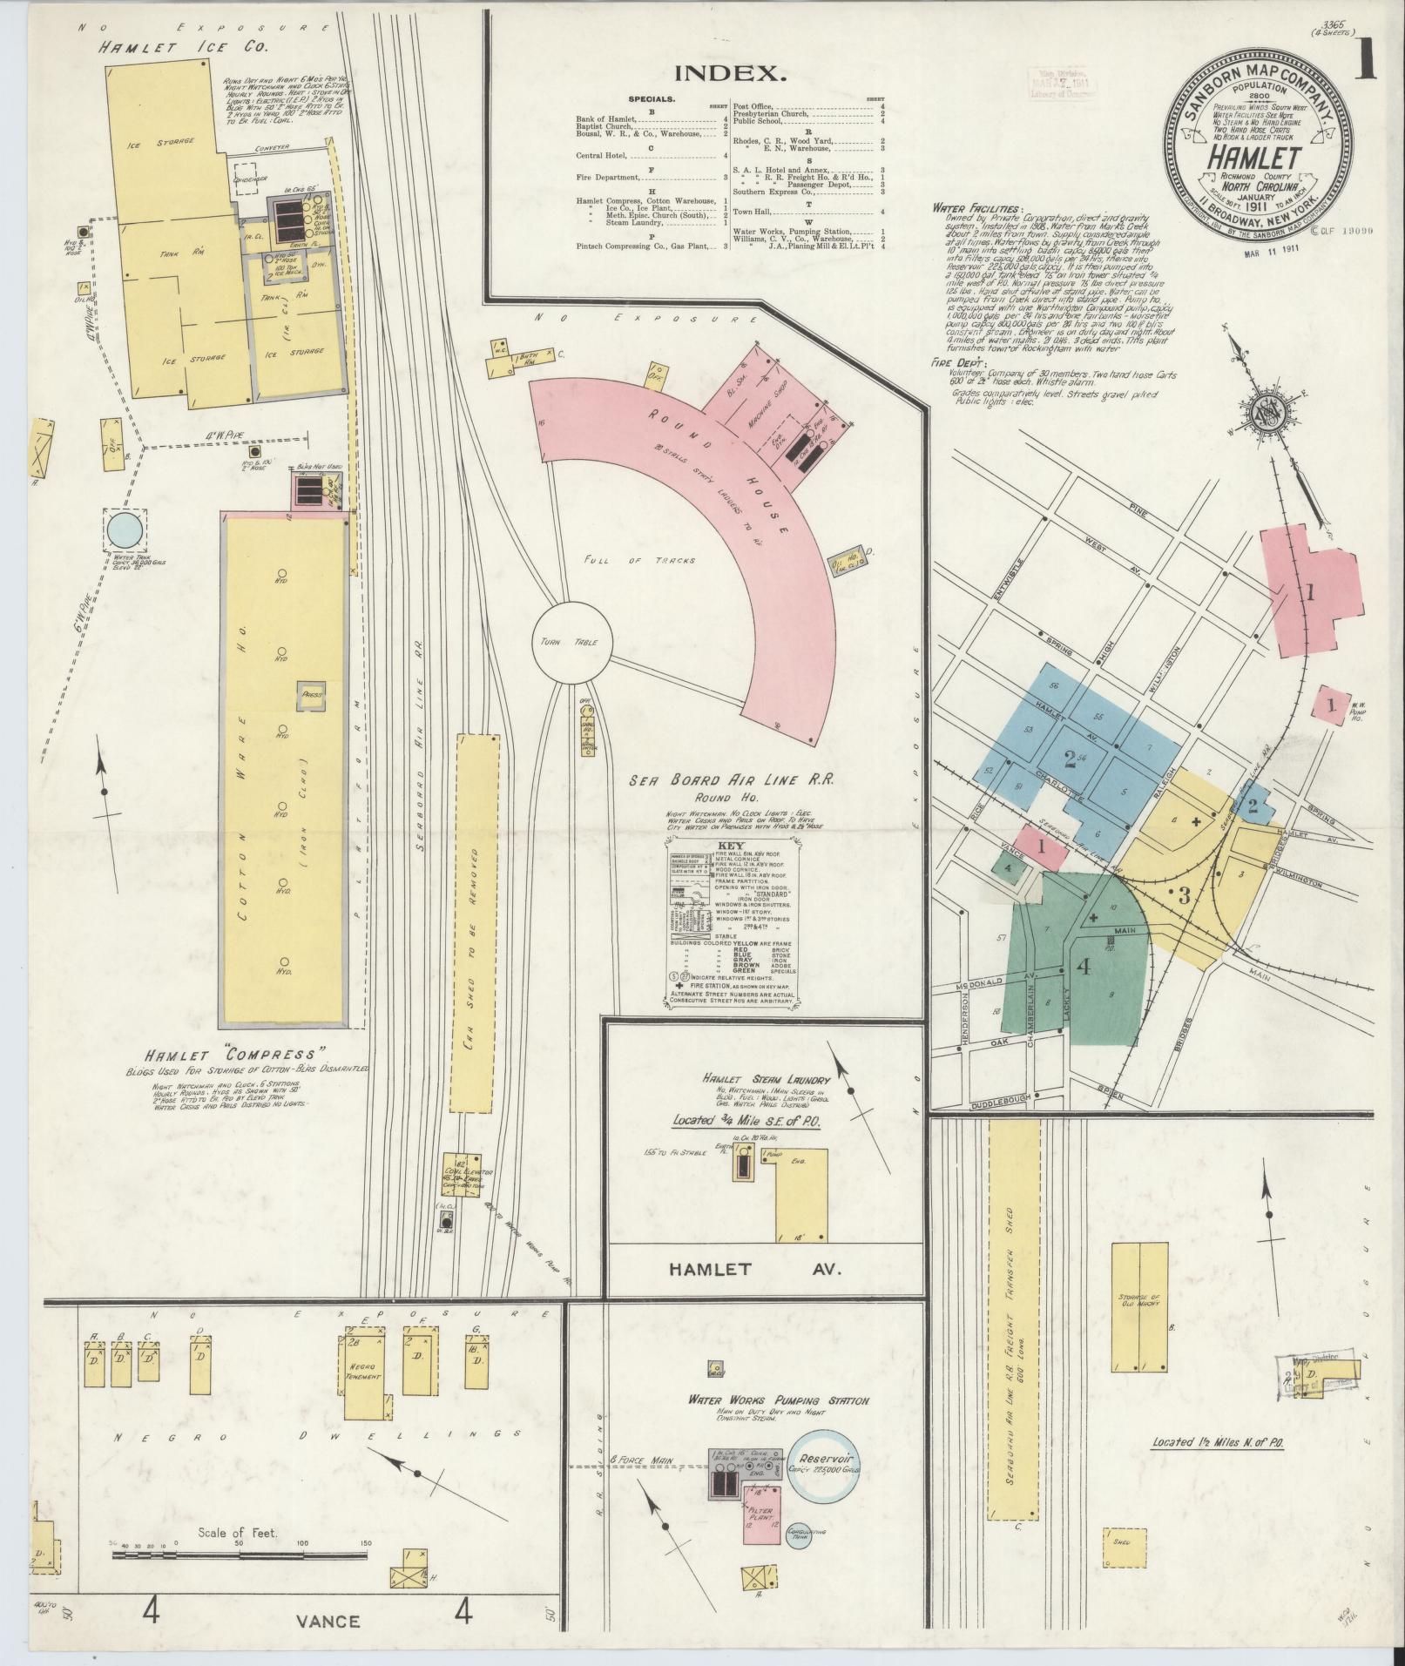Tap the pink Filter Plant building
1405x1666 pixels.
[761, 1516]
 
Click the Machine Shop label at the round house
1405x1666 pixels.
[777, 420]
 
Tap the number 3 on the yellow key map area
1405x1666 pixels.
[1183, 894]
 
